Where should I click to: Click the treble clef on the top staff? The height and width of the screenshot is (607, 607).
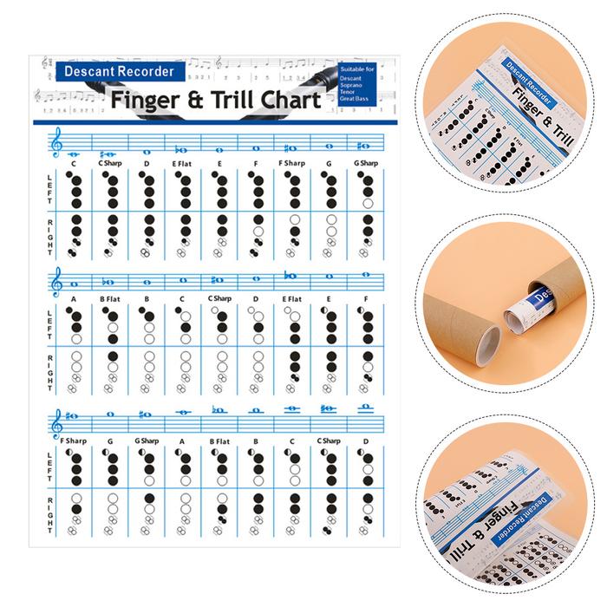pos(57,143)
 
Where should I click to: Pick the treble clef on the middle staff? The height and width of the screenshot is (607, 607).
pos(57,281)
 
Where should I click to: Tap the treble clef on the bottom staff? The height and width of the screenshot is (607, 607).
pos(57,422)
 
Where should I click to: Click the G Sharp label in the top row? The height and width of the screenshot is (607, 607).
pos(366,164)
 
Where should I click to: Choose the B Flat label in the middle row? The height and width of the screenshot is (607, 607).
pos(110,300)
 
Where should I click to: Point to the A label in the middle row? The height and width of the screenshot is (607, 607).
pos(74,300)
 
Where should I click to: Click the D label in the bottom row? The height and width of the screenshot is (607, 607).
pos(366,441)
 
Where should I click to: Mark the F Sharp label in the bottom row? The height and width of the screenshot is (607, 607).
pos(75,441)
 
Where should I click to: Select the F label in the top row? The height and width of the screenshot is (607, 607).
pos(256,164)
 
